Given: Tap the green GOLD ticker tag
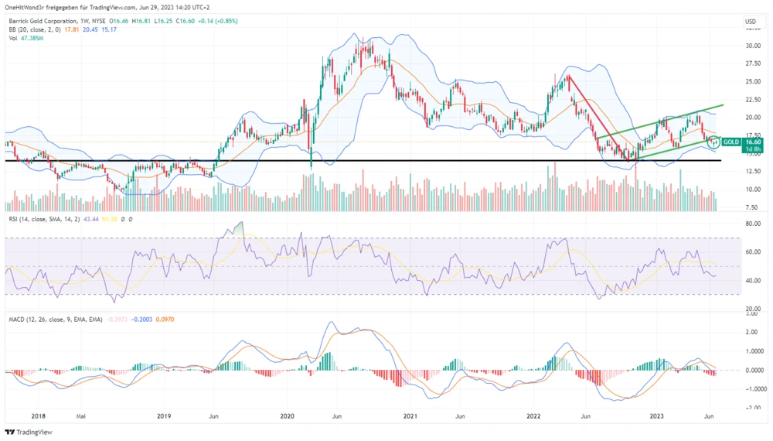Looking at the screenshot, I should pyautogui.click(x=731, y=142).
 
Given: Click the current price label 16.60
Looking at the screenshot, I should pyautogui.click(x=754, y=142).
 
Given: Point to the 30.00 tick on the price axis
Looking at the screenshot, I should pyautogui.click(x=751, y=46).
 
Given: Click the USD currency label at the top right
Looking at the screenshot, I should pyautogui.click(x=751, y=21).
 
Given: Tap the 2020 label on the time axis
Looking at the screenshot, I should pyautogui.click(x=287, y=415).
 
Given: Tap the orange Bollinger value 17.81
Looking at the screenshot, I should pyautogui.click(x=71, y=29).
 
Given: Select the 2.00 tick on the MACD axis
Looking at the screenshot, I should pyautogui.click(x=751, y=333).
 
